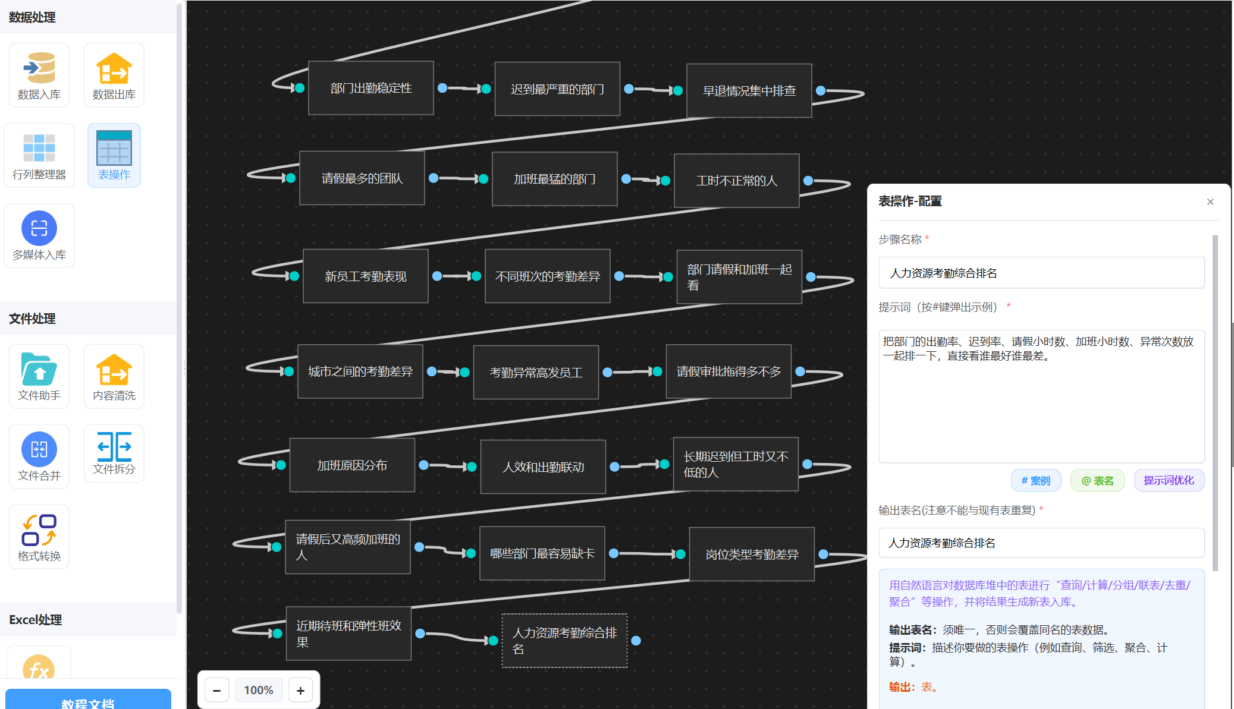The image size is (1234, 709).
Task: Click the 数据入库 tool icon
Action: point(39,75)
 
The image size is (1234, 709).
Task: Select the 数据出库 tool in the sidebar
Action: point(114,75)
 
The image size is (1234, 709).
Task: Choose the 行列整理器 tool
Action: point(39,155)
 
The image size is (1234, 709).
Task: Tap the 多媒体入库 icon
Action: point(39,235)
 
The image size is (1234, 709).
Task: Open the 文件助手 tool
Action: point(39,376)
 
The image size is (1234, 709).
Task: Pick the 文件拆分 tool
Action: point(114,453)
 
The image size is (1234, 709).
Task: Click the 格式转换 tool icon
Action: point(39,537)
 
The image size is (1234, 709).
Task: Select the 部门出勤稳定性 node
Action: point(371,88)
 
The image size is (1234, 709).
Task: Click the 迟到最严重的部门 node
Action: point(557,89)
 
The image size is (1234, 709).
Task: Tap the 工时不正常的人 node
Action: point(736,181)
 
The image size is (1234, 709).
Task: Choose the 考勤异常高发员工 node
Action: point(536,373)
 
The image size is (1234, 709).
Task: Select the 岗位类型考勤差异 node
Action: point(752,554)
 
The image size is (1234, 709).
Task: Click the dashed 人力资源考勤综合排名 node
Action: point(564,641)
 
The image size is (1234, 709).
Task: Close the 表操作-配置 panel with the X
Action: point(1210,202)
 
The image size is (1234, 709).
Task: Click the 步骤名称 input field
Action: point(1041,273)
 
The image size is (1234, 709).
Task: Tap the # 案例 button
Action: point(1035,480)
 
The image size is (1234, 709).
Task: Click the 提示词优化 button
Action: point(1169,480)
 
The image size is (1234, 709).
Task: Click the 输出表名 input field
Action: point(1041,543)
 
